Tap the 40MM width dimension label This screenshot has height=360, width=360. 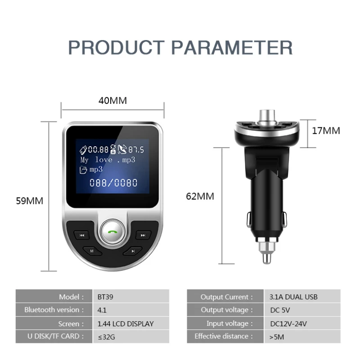tap(112, 100)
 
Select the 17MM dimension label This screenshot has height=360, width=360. tap(326, 131)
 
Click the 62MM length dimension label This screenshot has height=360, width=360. tap(200, 196)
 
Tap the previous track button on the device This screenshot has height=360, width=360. tap(82, 235)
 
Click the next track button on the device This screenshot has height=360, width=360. tap(143, 235)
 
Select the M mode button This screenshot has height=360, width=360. tap(91, 250)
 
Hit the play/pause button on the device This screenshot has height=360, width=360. tap(133, 250)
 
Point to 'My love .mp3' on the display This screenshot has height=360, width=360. tap(108, 160)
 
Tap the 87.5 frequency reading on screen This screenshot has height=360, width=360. tap(136, 150)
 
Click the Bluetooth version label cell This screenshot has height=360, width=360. tap(54, 310)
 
